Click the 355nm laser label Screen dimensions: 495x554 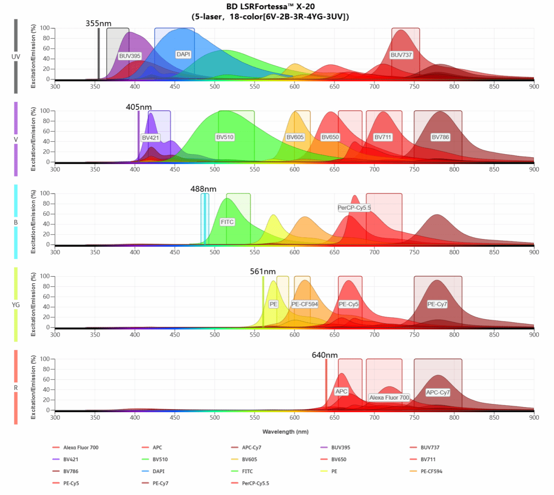pyautogui.click(x=98, y=23)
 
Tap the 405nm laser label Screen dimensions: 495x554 pyautogui.click(x=139, y=107)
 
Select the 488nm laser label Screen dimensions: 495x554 pyautogui.click(x=203, y=189)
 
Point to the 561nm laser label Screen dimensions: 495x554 pyautogui.click(x=263, y=272)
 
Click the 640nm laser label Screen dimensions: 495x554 pyautogui.click(x=324, y=355)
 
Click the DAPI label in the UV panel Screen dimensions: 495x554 pyautogui.click(x=183, y=54)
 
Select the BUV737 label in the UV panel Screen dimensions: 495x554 pyautogui.click(x=401, y=55)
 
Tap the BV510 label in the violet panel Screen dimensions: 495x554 pyautogui.click(x=225, y=137)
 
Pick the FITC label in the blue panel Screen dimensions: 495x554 pyautogui.click(x=227, y=222)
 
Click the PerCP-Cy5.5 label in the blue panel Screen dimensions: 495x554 pyautogui.click(x=354, y=207)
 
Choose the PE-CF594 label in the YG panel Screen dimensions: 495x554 pyautogui.click(x=305, y=304)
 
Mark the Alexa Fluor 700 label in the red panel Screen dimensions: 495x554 pyautogui.click(x=389, y=397)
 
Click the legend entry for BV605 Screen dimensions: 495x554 pyautogui.click(x=249, y=460)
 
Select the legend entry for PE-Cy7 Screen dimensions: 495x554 pyautogui.click(x=160, y=484)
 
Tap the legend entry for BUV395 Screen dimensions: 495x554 pyautogui.click(x=340, y=448)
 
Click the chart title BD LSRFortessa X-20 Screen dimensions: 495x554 pyautogui.click(x=270, y=7)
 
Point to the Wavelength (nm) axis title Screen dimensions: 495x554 pyautogui.click(x=285, y=432)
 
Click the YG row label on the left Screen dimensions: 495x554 pyautogui.click(x=16, y=305)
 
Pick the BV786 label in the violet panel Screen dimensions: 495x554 pyautogui.click(x=440, y=137)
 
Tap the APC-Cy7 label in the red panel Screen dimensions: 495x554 pyautogui.click(x=438, y=392)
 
